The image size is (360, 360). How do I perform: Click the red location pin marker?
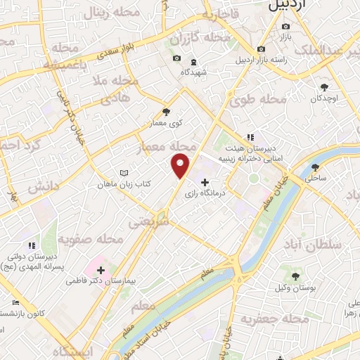coord(181,166)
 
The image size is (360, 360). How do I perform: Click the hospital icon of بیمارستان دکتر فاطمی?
coord(101,269)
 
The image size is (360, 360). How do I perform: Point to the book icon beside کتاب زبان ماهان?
coord(124,173)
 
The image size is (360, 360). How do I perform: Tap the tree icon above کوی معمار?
coord(166,111)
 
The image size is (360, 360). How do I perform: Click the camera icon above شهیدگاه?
coord(176,58)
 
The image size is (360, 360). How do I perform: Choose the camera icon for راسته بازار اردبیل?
coord(262,49)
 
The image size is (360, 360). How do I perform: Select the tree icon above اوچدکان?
coord(324,87)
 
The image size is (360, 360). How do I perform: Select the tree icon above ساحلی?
coord(314,167)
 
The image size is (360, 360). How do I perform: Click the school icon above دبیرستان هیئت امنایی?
coord(250,138)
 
